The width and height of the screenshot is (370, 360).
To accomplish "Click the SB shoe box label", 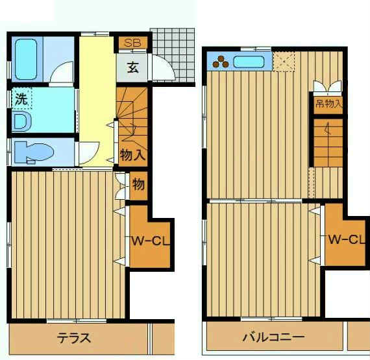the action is pos(132,43).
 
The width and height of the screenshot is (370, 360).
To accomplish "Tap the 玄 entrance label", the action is pos(132,67).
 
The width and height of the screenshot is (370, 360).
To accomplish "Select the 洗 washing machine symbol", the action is pos(21,99).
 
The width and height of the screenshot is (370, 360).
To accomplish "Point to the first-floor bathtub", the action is pos(26,59).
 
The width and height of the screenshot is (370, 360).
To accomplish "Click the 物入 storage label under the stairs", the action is pos(132,155).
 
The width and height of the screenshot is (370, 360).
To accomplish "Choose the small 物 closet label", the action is pos(138,184).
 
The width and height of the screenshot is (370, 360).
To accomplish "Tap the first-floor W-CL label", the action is pos(151,241).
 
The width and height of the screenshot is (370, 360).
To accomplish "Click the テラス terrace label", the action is pos(74,338).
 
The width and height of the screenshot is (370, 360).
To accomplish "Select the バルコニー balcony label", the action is pos(273,337).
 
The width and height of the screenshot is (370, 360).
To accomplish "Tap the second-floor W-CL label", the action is pos(347,239).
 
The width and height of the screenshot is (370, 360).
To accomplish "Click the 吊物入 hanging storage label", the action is pos(328,103).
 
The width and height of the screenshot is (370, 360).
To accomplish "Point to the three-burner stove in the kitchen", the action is pos(221,62).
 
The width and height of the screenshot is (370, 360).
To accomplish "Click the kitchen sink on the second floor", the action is pos(249,62).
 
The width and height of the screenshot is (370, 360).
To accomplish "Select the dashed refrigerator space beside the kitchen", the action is pos(284,61).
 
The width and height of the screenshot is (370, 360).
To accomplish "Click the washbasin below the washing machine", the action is pos(21,121).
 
